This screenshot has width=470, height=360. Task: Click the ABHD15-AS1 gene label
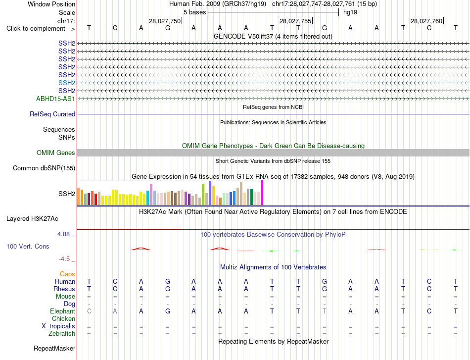pos(55,99)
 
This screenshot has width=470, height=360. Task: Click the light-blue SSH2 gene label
pos(67,83)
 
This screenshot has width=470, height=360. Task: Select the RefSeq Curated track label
pos(52,114)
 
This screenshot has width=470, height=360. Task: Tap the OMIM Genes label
pos(56,153)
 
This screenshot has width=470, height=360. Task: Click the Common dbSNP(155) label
pos(44,168)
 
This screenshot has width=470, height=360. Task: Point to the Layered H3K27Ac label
pos(32,219)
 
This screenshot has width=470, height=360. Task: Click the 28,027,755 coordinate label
pos(295,21)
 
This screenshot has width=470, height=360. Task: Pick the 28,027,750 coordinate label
pos(165,21)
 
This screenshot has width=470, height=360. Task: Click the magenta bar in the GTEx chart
pos(262,193)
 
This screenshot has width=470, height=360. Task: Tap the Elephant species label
pos(62,311)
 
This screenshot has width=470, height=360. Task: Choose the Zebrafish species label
pos(62,333)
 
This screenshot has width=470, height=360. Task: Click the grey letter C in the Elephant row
pos(89,311)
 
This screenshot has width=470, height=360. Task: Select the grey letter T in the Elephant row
pos(325,311)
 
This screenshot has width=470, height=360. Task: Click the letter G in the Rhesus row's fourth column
pos(168,289)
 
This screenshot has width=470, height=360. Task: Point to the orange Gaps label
pos(67,274)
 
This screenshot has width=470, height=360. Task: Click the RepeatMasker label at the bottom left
pos(54,348)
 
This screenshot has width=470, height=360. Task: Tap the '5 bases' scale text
pos(195,12)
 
